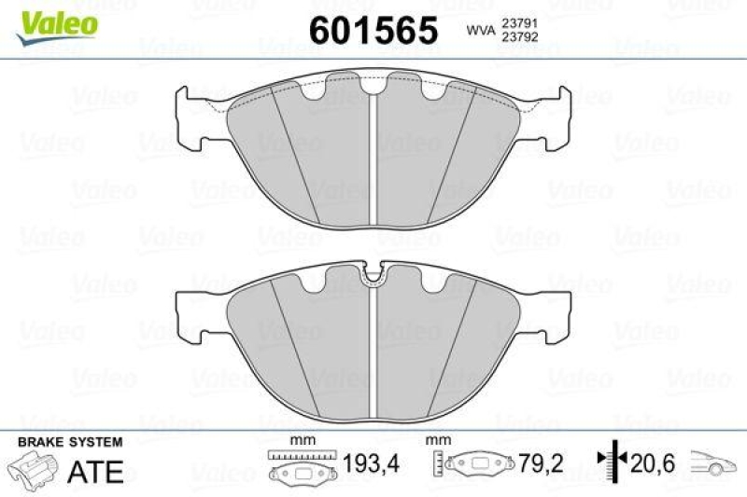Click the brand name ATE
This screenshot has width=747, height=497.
coord(97,471)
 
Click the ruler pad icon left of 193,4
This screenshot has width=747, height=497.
coord(302,465)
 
